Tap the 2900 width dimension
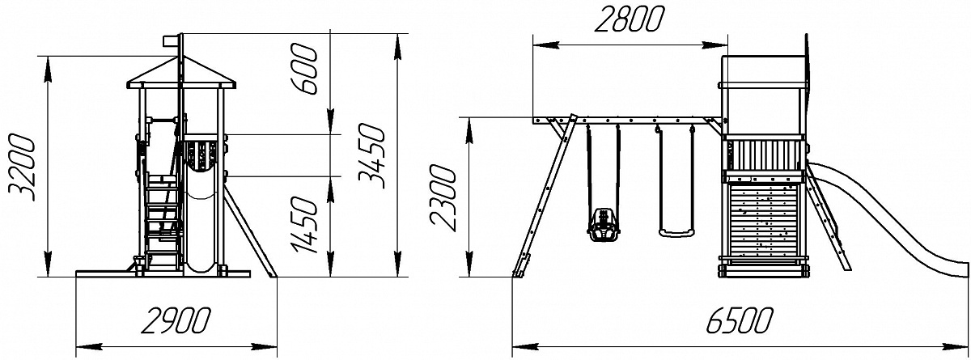pyautogui.click(x=176, y=321)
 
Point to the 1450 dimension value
pyautogui.click(x=305, y=224)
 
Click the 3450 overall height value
pyautogui.click(x=371, y=155)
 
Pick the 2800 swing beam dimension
pyautogui.click(x=629, y=19)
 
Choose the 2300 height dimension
pyautogui.click(x=443, y=197)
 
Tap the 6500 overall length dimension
pyautogui.click(x=739, y=321)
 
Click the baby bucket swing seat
pyautogui.click(x=603, y=224)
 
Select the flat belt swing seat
pyautogui.click(x=676, y=234)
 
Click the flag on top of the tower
pyautogui.click(x=171, y=40)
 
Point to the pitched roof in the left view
pyautogui.click(x=181, y=73)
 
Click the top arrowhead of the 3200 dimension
pyautogui.click(x=47, y=69)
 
